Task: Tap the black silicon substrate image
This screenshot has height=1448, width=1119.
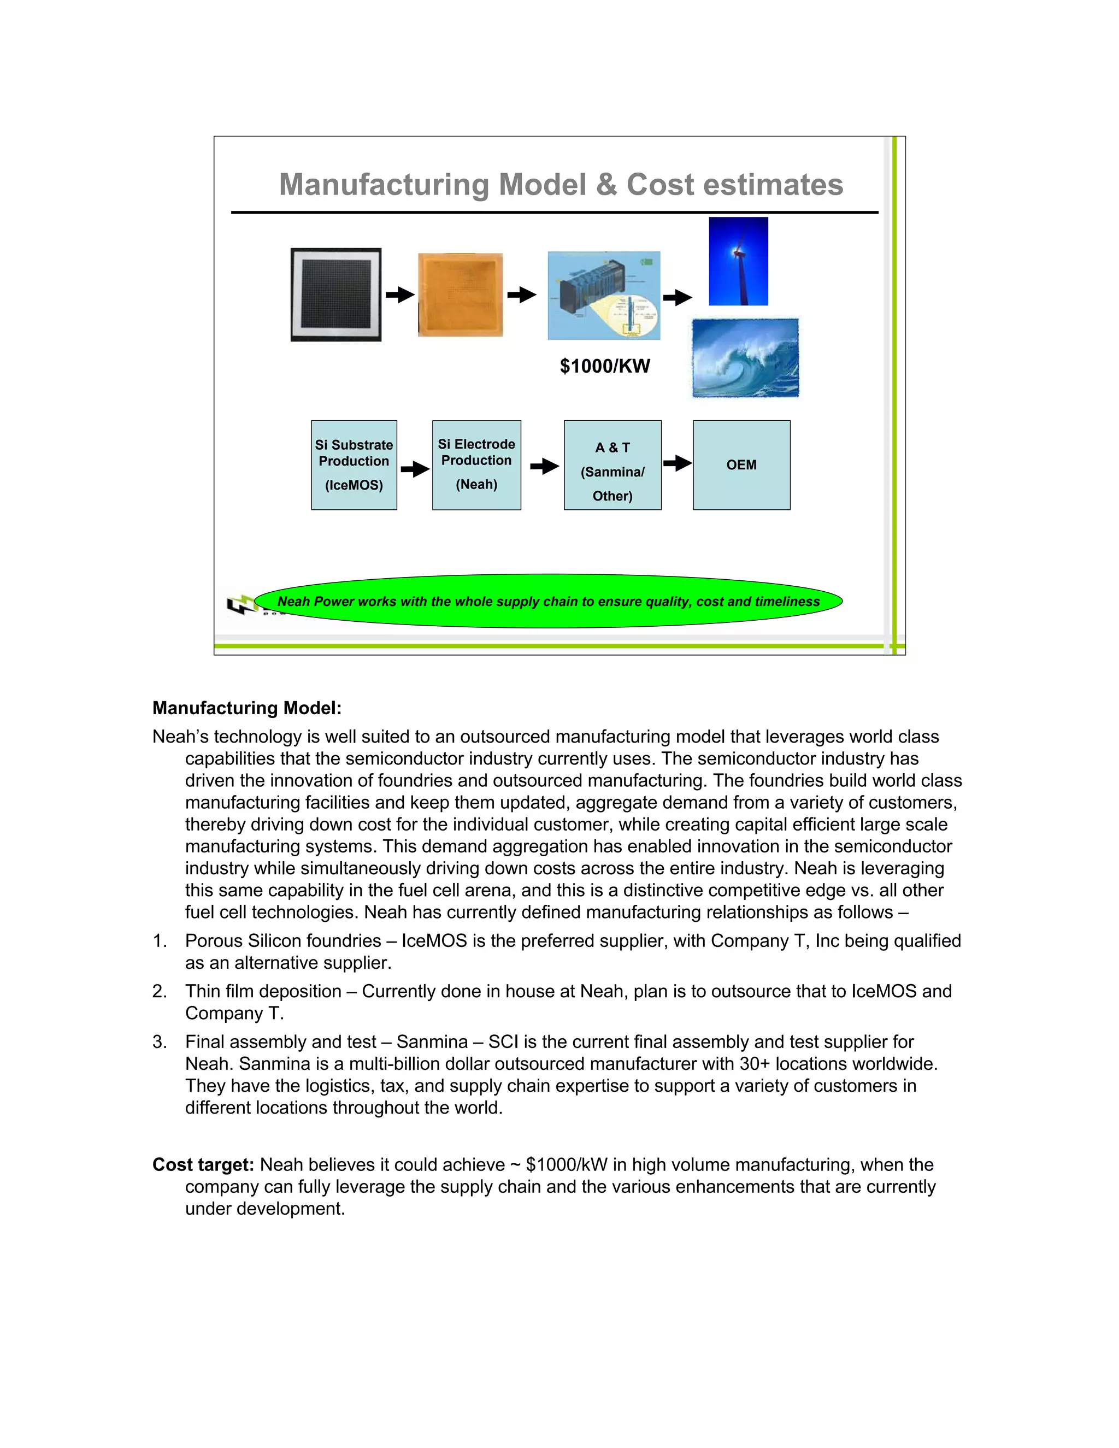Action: (335, 295)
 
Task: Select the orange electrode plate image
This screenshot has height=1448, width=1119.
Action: (460, 295)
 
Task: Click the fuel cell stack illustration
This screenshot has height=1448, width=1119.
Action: (603, 296)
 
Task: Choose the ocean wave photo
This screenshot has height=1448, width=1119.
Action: (745, 358)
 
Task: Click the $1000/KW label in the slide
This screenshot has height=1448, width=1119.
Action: (605, 366)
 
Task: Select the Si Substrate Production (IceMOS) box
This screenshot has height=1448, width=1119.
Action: (354, 465)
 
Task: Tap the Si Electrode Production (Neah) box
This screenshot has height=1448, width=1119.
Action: (476, 465)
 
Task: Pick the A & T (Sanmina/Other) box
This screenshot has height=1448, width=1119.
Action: (612, 465)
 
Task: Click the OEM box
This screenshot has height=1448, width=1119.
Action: (741, 465)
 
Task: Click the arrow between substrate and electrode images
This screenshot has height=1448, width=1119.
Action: (400, 295)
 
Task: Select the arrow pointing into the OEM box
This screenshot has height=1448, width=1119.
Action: (677, 463)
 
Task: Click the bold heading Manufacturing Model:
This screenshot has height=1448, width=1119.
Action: (246, 708)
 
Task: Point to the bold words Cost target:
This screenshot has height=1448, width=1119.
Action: (203, 1165)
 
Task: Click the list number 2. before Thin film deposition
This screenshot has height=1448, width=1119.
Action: (159, 991)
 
